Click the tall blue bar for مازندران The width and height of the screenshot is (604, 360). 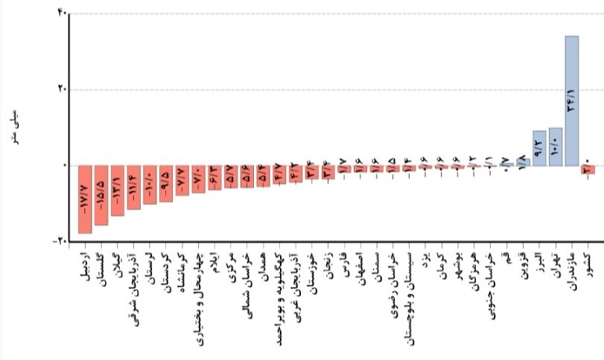point(571,101)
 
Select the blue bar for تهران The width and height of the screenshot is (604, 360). point(555,147)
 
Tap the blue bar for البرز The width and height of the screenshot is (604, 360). point(539,148)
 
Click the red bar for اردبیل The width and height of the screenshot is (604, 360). point(85,199)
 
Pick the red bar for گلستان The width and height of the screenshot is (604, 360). point(101,195)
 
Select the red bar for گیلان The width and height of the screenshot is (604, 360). point(118,190)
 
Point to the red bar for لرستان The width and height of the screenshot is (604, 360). point(150,184)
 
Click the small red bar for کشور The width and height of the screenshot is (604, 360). point(588,169)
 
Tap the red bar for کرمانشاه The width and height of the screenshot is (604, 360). point(182,180)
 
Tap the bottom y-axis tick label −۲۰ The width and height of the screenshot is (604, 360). point(59,241)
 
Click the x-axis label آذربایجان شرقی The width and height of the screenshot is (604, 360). point(134,280)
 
